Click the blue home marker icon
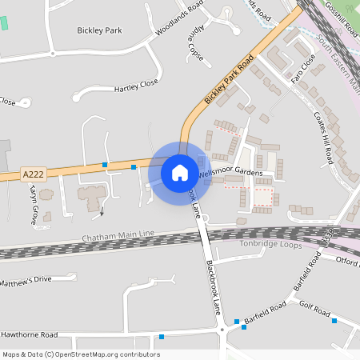179,172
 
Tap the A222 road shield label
33,174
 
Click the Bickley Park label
99,30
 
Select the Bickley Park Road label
229,78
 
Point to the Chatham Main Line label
118,238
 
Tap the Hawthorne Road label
29,334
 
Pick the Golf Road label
314,309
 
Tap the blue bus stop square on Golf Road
334,321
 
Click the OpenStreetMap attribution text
80,354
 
